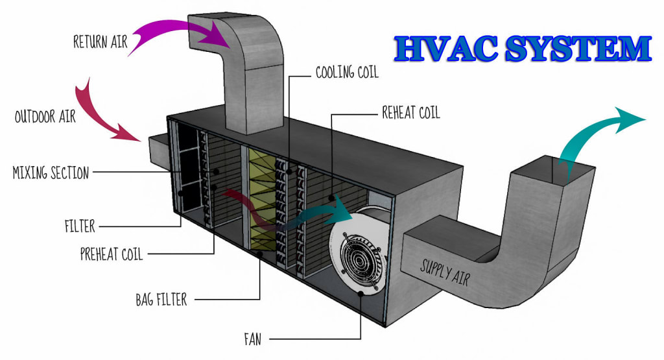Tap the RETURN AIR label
pyautogui.click(x=101, y=42)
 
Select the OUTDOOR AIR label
pyautogui.click(x=45, y=117)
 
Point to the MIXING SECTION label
pyautogui.click(x=51, y=173)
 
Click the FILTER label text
pyautogui.click(x=80, y=226)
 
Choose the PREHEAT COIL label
pyautogui.click(x=111, y=254)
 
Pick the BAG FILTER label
pyautogui.click(x=161, y=299)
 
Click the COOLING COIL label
pyautogui.click(x=346, y=72)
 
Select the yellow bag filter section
pyautogui.click(x=261, y=201)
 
